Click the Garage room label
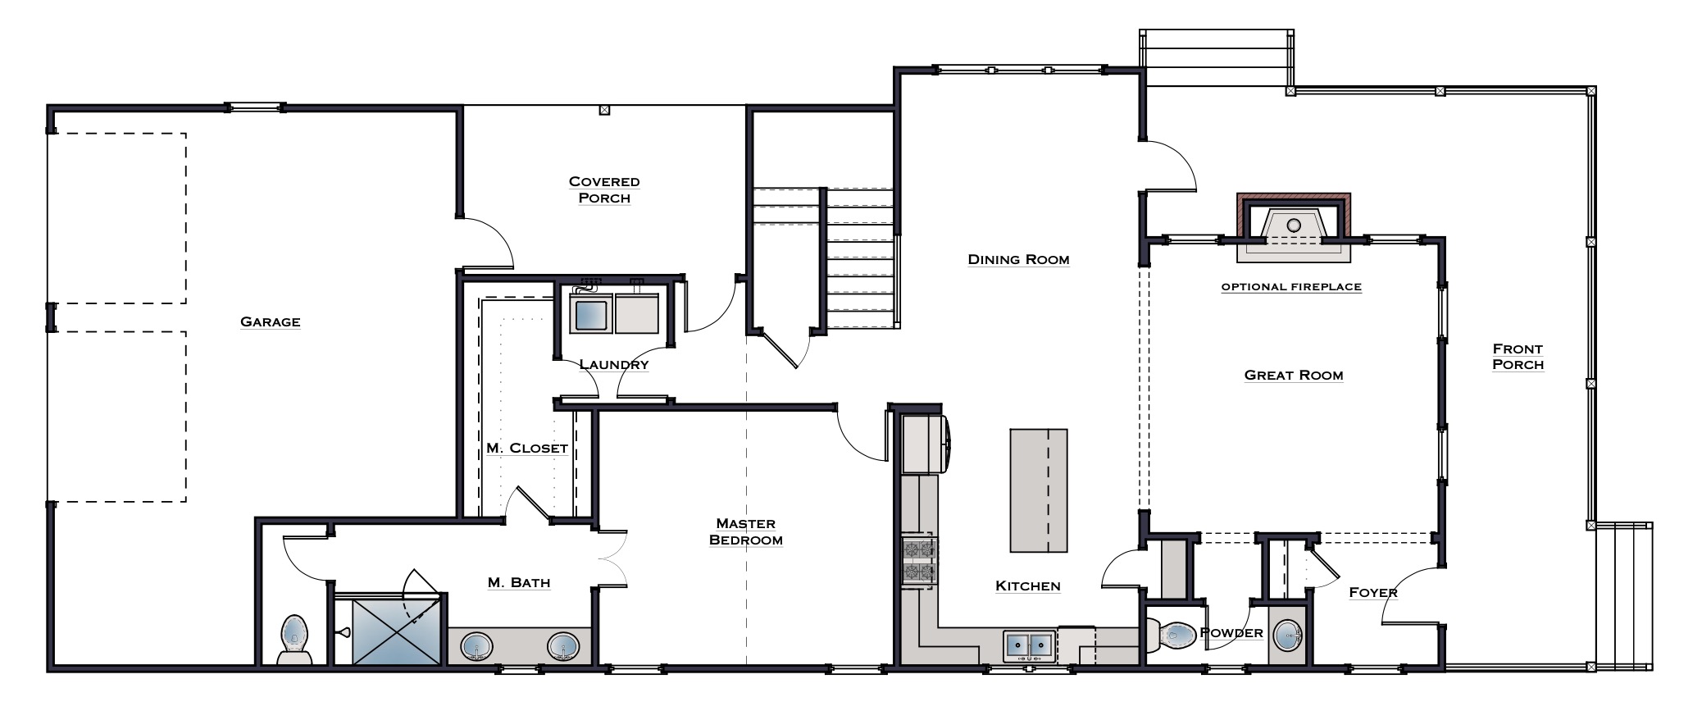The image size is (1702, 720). coord(271,322)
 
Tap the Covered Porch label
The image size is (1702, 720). coord(604,189)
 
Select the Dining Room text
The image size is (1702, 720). coord(1018,259)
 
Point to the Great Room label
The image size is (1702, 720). coord(1294,375)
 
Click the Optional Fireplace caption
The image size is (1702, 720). coord(1291,287)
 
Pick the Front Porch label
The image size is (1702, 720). coord(1518,357)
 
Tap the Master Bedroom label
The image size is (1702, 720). coord(746,531)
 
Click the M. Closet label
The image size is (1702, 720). coord(527,448)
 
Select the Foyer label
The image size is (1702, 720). coord(1373,592)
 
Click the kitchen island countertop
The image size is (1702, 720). coord(1039,490)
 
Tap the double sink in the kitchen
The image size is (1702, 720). coord(1030,645)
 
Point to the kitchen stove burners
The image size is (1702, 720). coord(919,561)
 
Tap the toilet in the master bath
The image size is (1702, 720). coord(295,639)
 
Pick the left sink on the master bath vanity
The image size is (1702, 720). coord(476,645)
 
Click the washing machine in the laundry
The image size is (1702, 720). coord(591,312)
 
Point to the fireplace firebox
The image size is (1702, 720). coord(1294,227)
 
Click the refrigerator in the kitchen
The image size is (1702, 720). coord(925,444)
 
